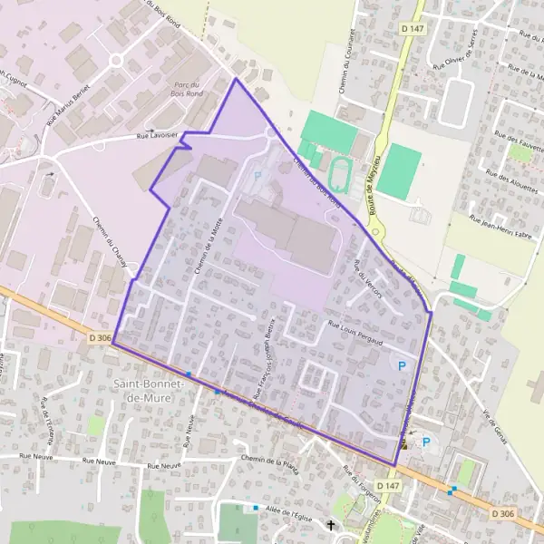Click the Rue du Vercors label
[x=370, y=278]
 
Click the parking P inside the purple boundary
[x=402, y=365]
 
